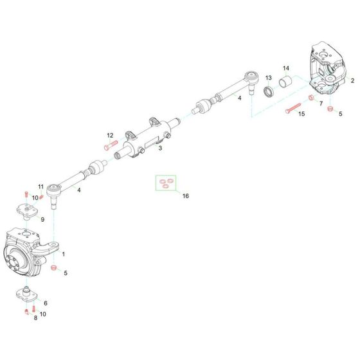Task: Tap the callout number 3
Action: [160, 148]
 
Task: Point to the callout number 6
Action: [45, 302]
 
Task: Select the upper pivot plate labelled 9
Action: [25, 210]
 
